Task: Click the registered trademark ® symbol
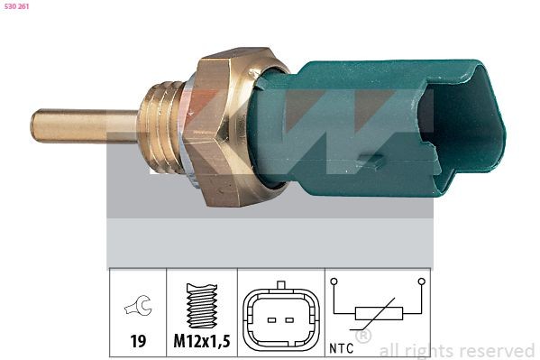coord(363,337)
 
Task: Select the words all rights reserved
coord(456,350)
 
